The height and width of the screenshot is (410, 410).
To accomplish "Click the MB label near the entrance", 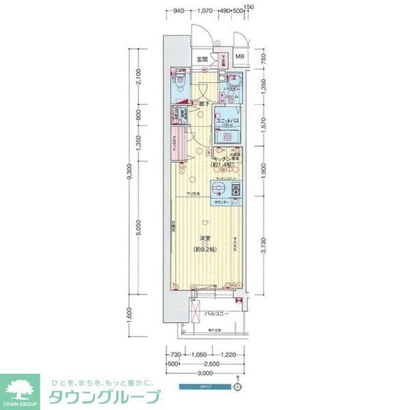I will [x=240, y=57].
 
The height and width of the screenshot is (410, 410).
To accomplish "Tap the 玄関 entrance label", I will [x=202, y=60].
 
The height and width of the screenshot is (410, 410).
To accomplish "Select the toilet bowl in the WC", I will [x=180, y=86].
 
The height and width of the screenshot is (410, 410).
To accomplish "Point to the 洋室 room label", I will [x=205, y=238].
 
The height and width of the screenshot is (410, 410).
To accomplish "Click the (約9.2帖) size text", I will [x=205, y=247].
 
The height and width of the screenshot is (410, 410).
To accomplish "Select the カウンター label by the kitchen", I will [x=221, y=204].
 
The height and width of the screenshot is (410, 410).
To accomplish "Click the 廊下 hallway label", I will [x=204, y=103].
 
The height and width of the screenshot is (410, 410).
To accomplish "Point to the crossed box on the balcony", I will [x=194, y=314].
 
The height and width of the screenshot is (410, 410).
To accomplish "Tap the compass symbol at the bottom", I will [x=237, y=387].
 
